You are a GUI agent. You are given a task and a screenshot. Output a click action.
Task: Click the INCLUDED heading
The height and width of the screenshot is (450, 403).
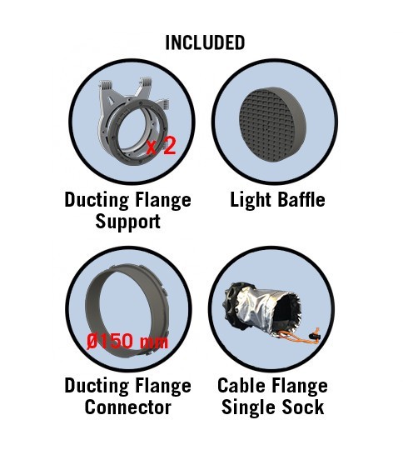pos(205,42)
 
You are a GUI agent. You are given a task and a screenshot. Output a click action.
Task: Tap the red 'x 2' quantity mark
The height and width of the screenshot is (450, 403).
pos(161,146)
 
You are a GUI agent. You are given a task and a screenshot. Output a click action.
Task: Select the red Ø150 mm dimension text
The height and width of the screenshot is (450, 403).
pos(127,341)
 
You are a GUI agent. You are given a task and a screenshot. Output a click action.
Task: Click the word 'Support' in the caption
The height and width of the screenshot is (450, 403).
pos(127,222)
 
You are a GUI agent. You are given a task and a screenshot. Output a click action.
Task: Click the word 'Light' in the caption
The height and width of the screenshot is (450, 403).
pos(251,200)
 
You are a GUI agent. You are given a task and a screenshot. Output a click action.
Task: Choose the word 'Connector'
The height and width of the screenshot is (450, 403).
pos(128,407)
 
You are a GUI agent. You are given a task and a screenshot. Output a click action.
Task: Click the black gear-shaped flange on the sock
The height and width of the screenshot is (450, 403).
pos(235,304)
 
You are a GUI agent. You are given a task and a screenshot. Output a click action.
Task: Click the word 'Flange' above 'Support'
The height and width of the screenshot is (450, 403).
pos(163,201)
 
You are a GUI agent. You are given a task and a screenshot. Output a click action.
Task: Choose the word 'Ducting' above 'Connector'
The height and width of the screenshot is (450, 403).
pos(97,387)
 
